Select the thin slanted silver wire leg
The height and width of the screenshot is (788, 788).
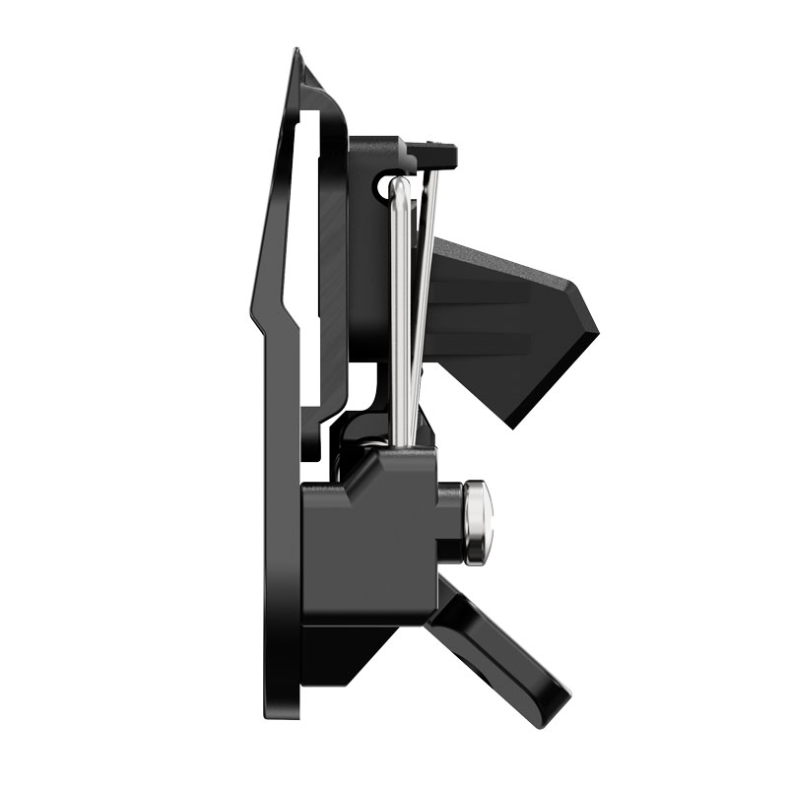[x=423, y=286]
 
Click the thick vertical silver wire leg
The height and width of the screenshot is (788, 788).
[x=400, y=315]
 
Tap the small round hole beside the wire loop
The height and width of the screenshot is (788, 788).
[x=385, y=186]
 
